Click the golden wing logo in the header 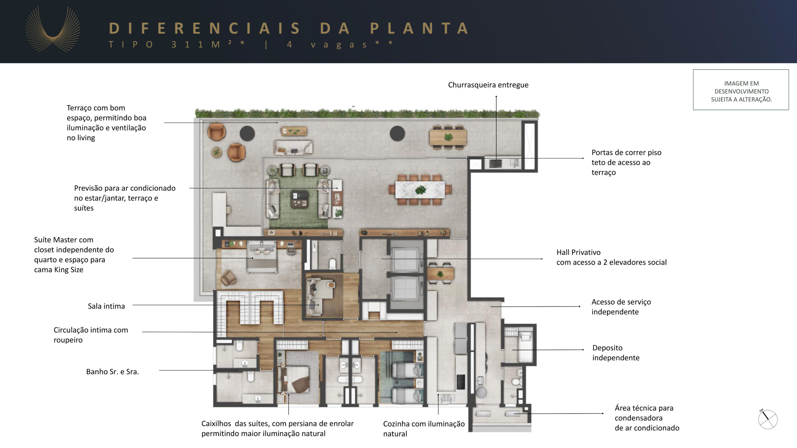(x=53, y=30)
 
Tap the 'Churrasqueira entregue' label (x=488, y=85)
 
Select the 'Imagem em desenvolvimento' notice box (x=741, y=90)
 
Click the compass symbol (x=768, y=419)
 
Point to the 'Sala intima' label (x=106, y=306)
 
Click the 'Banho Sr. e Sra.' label (x=112, y=371)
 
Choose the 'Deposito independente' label (x=616, y=352)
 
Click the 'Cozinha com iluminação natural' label (x=424, y=429)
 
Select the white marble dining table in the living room (x=420, y=189)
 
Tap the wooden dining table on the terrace (x=448, y=137)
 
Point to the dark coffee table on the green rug (x=299, y=199)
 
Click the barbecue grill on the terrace (x=495, y=163)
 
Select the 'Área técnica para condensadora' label (x=647, y=418)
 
